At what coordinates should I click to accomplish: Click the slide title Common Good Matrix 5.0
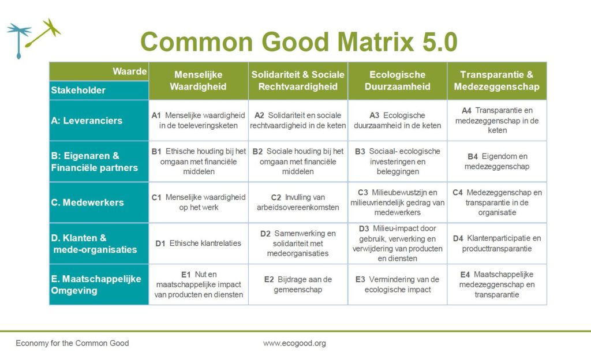click(298, 42)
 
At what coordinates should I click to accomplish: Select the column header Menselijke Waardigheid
click(199, 81)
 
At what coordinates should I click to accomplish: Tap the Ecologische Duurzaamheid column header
click(397, 81)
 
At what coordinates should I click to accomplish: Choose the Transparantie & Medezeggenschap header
click(496, 81)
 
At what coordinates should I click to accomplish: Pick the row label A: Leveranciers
click(87, 121)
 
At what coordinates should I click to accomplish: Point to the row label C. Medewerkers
click(87, 202)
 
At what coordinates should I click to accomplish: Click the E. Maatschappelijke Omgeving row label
click(96, 284)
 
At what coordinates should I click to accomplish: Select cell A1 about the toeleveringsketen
click(199, 121)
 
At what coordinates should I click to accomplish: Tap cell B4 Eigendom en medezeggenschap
click(496, 162)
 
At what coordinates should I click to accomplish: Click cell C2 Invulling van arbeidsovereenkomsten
click(298, 202)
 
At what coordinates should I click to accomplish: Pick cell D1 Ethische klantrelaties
click(199, 243)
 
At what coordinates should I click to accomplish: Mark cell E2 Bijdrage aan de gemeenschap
click(298, 284)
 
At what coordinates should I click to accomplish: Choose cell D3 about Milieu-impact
click(397, 243)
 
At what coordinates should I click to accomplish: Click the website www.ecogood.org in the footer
click(294, 343)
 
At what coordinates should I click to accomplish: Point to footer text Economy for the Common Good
click(72, 343)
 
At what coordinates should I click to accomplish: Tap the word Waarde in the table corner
click(130, 72)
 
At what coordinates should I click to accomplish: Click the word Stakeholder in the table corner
click(78, 90)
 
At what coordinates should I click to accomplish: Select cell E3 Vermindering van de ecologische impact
click(397, 284)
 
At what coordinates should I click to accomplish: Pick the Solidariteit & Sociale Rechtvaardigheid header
click(298, 81)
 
